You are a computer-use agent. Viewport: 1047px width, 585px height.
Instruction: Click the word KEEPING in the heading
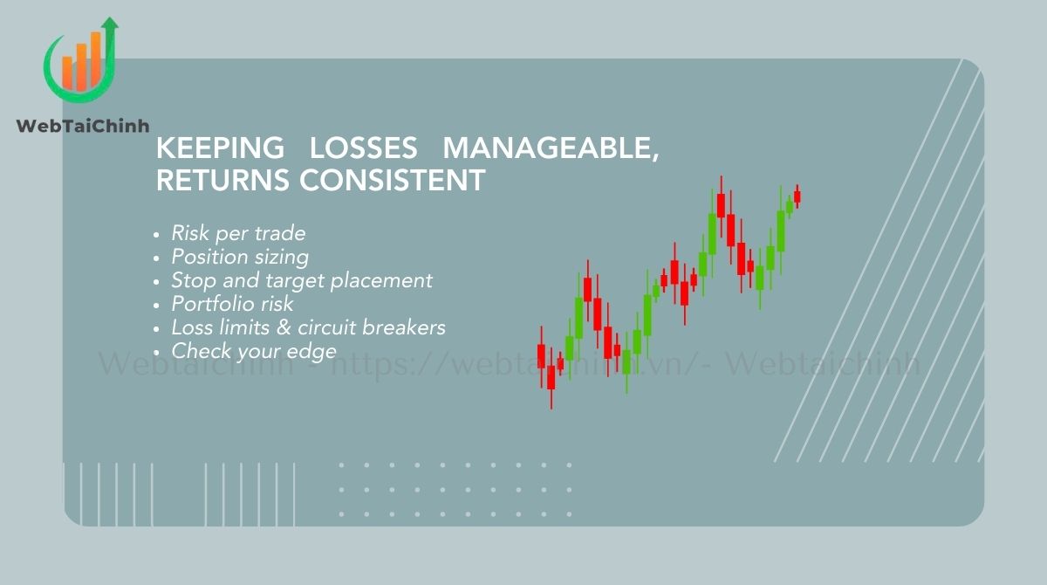click(220, 148)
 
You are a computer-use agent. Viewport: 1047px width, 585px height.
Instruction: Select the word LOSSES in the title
click(363, 148)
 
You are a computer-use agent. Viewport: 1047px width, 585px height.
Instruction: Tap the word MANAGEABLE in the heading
click(546, 148)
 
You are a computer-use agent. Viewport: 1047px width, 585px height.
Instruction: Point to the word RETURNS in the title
click(222, 180)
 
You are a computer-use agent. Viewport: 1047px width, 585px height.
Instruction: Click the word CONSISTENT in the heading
click(392, 180)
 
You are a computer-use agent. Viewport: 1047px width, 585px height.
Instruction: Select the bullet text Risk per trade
click(238, 233)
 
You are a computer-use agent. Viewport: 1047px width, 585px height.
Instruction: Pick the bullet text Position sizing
click(240, 258)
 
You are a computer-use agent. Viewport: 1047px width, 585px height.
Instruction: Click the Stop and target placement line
click(302, 281)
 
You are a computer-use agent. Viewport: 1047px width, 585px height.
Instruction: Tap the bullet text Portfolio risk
click(232, 304)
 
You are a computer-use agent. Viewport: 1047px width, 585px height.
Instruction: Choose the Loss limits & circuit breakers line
click(308, 327)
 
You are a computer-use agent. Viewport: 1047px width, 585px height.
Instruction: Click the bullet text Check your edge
click(254, 352)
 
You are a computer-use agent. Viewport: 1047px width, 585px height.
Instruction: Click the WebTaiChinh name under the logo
click(83, 127)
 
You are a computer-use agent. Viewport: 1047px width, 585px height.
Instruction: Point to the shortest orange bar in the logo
click(67, 72)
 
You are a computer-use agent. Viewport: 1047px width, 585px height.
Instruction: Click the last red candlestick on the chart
click(797, 196)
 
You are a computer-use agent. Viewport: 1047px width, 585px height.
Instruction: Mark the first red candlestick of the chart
click(541, 357)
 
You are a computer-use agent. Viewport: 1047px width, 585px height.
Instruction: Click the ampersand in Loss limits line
click(284, 327)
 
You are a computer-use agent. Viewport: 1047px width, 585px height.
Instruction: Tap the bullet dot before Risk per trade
click(156, 235)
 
